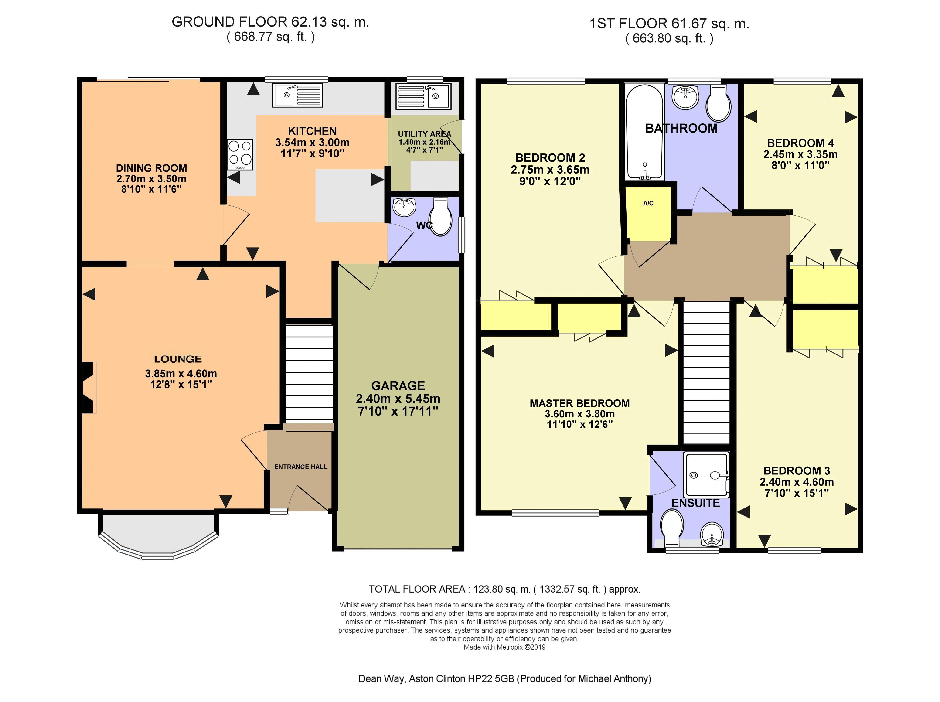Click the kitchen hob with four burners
click(240, 155)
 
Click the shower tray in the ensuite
click(706, 475)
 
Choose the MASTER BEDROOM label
click(580, 403)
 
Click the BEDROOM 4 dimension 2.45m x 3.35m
click(801, 155)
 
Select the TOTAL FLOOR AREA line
click(504, 590)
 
